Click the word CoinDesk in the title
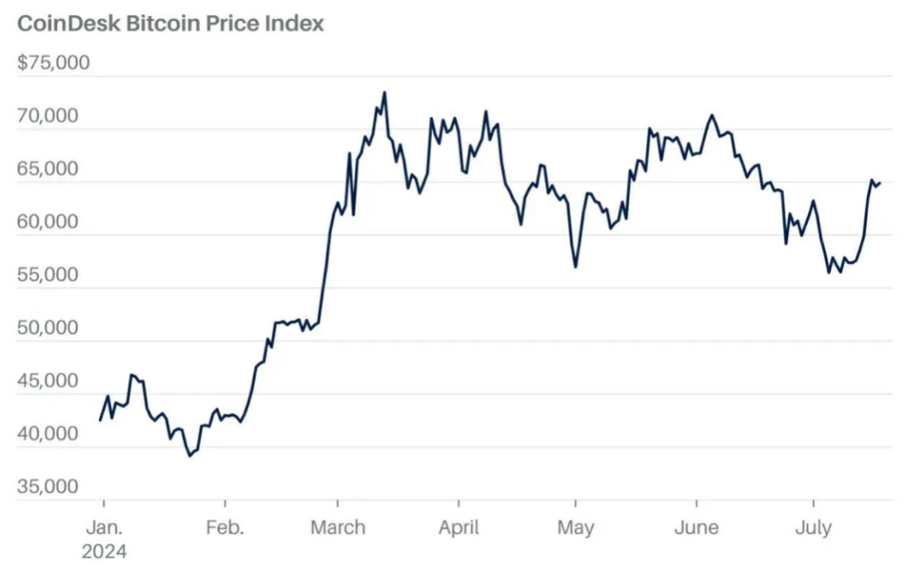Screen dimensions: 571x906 coord(68,23)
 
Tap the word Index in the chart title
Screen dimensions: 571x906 coord(294,23)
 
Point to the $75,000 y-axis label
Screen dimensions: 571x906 coord(54,64)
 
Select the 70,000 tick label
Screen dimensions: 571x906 coord(54,117)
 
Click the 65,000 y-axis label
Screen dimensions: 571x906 coord(54,169)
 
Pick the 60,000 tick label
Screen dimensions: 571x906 coord(54,223)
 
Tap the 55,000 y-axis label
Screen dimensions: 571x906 coord(54,276)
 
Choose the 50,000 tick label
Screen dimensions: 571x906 coord(54,329)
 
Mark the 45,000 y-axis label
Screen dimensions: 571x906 coord(54,382)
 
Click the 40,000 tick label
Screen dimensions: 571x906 coord(54,434)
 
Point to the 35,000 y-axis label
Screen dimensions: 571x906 coord(54,487)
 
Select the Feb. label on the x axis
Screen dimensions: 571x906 coord(225,528)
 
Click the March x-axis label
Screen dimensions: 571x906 coord(338,528)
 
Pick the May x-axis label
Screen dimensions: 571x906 coord(575,528)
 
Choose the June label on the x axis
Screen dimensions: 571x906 coord(697,528)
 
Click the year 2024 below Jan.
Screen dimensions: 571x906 coord(104,553)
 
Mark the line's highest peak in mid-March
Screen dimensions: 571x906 coord(384,93)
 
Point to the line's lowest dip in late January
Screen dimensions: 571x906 coord(190,455)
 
